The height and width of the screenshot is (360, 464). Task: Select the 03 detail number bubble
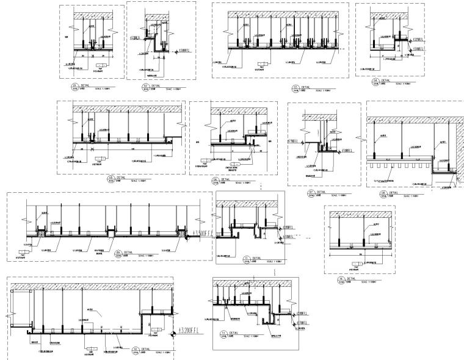[295, 88]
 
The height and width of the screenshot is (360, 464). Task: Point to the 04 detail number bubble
[375, 80]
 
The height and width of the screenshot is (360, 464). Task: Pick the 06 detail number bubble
[215, 180]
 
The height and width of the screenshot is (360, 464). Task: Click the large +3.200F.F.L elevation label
[195, 332]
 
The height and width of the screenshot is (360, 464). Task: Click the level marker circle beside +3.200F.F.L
[175, 332]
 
